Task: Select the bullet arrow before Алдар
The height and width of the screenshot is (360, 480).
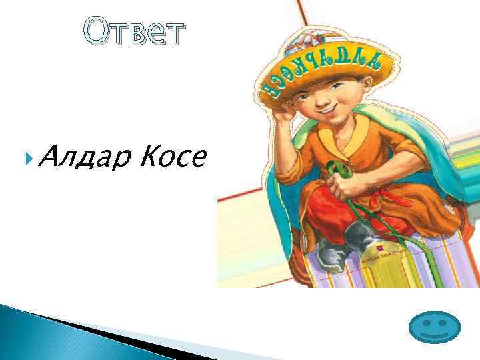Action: click(x=26, y=158)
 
